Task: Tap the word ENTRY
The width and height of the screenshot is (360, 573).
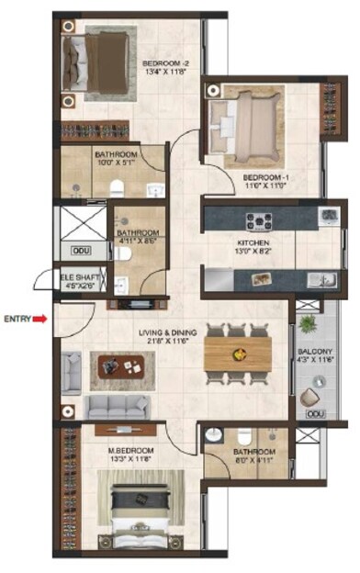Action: (17, 319)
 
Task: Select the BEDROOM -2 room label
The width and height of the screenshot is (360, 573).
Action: (165, 64)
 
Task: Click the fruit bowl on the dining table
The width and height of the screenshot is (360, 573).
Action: (238, 352)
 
